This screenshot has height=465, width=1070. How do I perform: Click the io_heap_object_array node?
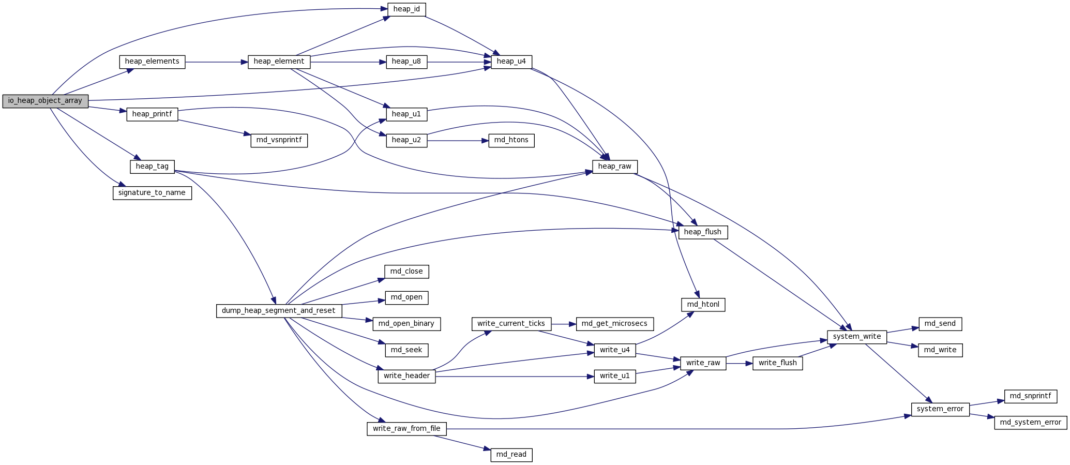coord(45,101)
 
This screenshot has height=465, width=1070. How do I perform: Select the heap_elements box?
coord(152,62)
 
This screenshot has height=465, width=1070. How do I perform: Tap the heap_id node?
coord(406,9)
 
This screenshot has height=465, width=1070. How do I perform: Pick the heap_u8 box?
coord(406,62)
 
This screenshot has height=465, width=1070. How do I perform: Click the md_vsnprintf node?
coord(279,140)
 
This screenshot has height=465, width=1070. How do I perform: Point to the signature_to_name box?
coord(152,193)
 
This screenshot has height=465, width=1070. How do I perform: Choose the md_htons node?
coord(511,140)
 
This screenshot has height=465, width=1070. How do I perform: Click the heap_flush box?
coord(702,232)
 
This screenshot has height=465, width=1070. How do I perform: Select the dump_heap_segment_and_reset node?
coord(279,311)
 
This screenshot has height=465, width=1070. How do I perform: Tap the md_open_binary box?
coord(406,324)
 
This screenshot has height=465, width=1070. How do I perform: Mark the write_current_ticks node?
coord(511,324)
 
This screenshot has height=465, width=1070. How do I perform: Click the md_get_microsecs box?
coord(614,324)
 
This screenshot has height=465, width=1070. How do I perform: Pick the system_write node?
coord(856,337)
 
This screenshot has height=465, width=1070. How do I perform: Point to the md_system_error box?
coord(1030,423)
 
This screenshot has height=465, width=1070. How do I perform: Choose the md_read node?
coord(511,455)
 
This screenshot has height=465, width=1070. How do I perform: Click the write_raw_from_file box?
coord(406,429)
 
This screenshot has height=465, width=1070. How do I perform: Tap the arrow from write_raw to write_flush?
coord(739,364)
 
